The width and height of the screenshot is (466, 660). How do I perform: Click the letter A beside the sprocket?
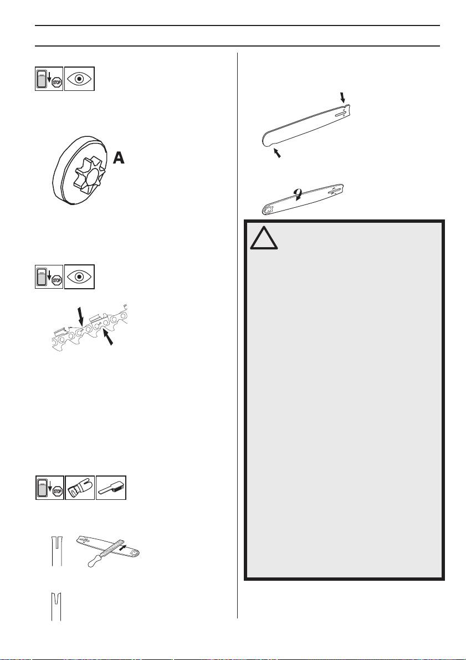119,158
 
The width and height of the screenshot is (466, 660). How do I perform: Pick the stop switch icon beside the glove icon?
49,487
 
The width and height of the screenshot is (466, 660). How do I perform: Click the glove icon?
80,487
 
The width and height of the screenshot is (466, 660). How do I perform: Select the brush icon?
111,487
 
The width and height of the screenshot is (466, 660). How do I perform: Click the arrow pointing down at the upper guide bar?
342,98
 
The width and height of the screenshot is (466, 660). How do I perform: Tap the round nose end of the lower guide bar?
267,210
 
